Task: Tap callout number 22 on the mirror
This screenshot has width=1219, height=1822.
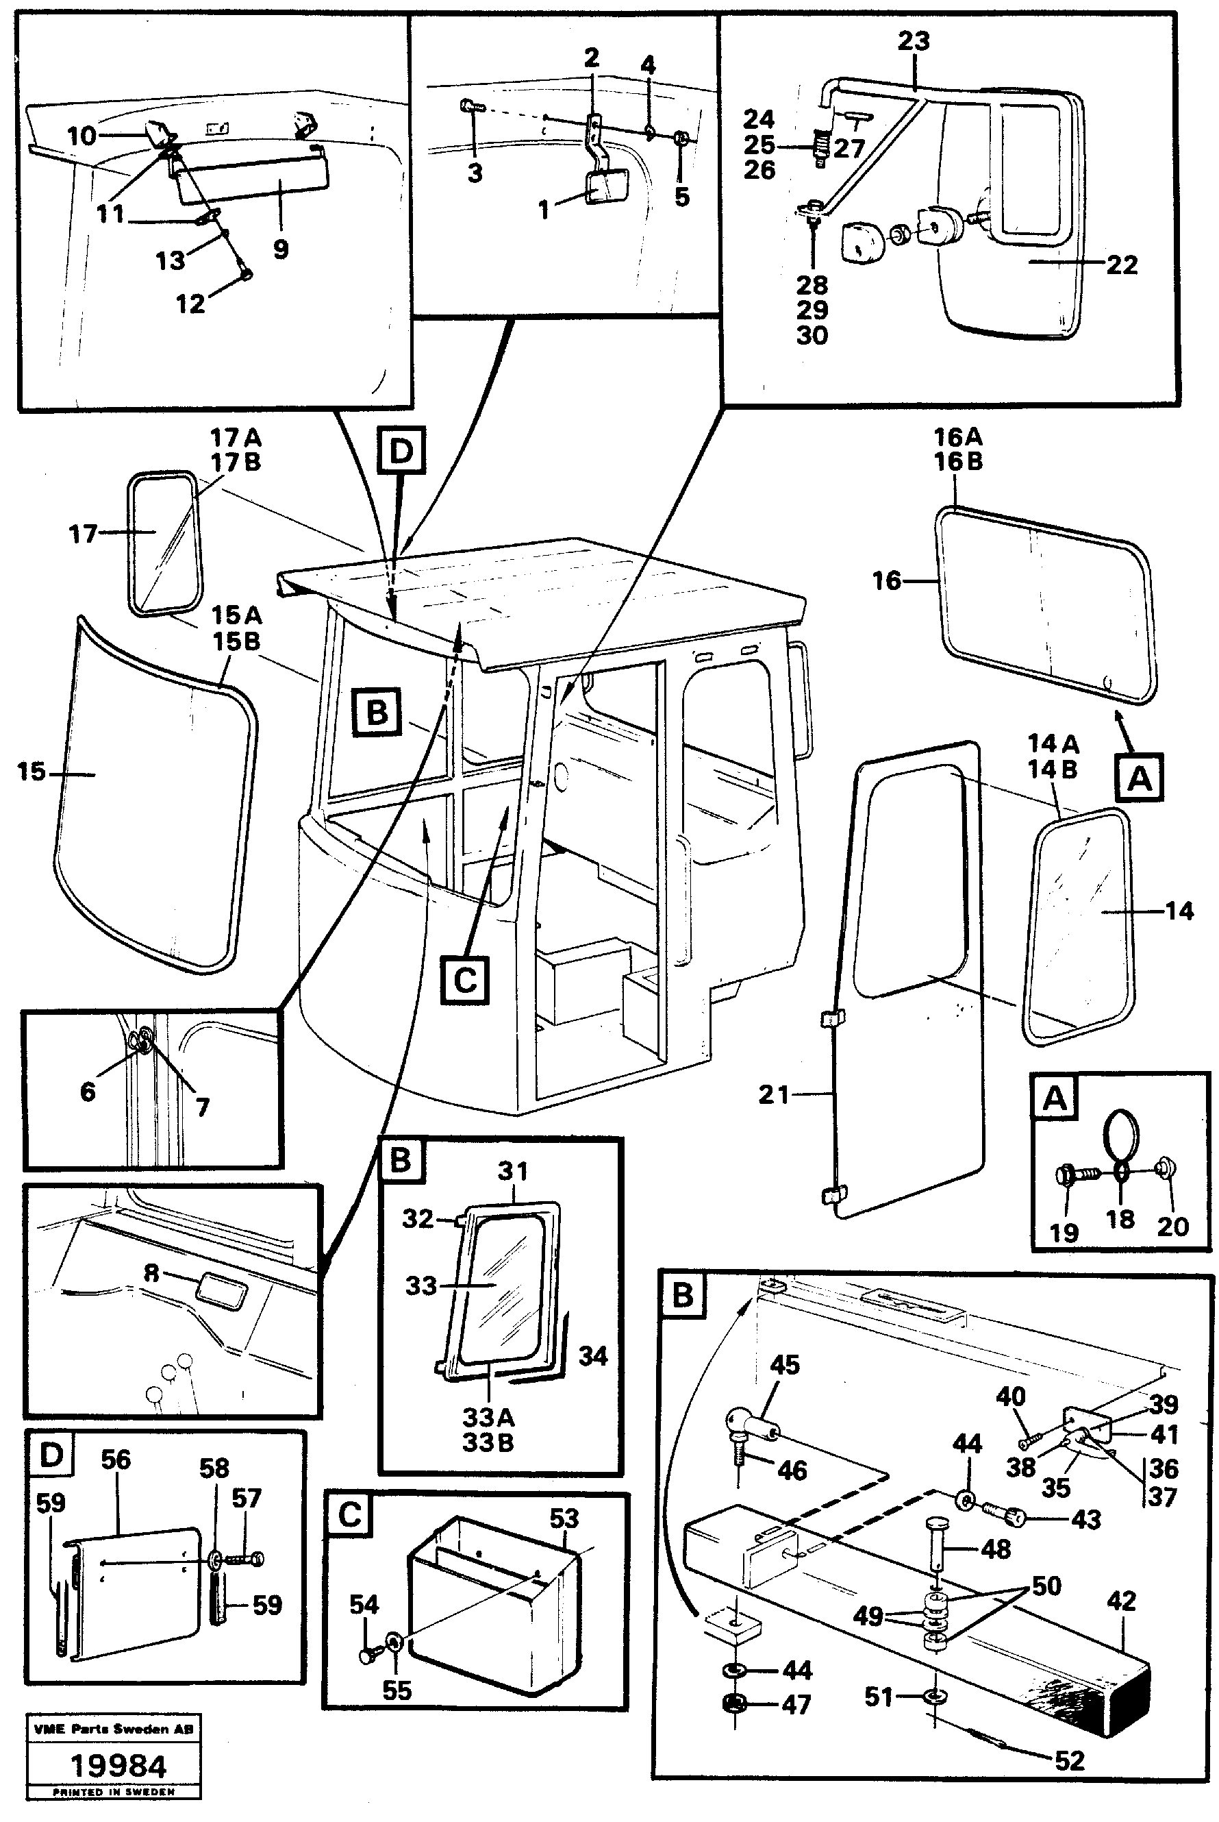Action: pyautogui.click(x=1121, y=265)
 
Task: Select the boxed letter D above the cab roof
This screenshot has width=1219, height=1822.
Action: pyautogui.click(x=401, y=450)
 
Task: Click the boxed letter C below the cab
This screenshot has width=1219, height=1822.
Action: pyautogui.click(x=464, y=981)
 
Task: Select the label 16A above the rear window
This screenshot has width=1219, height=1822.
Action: pyautogui.click(x=958, y=437)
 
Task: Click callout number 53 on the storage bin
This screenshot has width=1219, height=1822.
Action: pyautogui.click(x=564, y=1518)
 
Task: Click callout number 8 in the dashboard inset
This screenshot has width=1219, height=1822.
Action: pyautogui.click(x=151, y=1295)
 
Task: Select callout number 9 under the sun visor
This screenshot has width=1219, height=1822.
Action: pyautogui.click(x=281, y=249)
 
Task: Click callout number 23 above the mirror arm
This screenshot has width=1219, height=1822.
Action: pyautogui.click(x=914, y=40)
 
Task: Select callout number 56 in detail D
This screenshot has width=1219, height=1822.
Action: pyautogui.click(x=116, y=1460)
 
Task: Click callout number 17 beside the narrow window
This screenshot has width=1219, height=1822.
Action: pyautogui.click(x=83, y=534)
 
